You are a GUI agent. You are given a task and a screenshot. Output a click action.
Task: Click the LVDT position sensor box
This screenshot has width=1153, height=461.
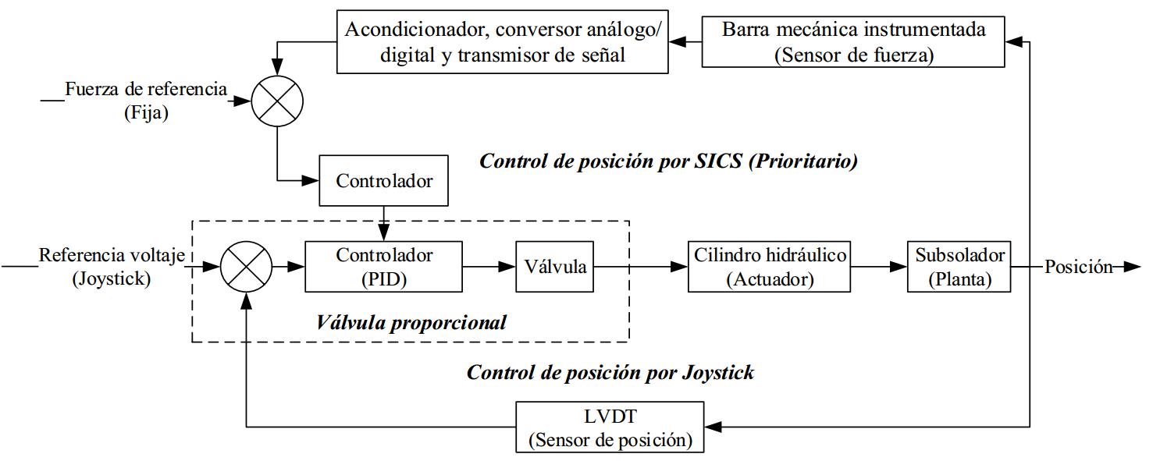coord(610,427)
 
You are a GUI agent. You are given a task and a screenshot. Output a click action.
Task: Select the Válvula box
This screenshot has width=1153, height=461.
coord(555,267)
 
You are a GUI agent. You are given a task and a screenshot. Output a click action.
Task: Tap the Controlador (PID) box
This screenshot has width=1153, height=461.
coord(383,267)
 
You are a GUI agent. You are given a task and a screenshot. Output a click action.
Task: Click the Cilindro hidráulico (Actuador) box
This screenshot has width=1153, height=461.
coord(769,267)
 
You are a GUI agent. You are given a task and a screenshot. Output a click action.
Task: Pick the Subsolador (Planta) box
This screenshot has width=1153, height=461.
coord(959,267)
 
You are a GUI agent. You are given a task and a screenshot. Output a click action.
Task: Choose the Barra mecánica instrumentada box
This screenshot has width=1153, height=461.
coord(852,42)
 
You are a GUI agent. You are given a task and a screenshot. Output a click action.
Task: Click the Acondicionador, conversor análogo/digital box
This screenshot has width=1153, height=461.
coord(502,42)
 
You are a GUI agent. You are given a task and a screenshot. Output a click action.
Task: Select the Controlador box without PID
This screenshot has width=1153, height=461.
coord(384,181)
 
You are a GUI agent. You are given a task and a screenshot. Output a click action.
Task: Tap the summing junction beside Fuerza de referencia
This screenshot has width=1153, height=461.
coord(276,101)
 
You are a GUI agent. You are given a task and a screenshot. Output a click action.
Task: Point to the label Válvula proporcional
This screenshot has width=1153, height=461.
coord(411,322)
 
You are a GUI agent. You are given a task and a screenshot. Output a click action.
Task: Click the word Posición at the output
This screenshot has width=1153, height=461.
coord(1078,267)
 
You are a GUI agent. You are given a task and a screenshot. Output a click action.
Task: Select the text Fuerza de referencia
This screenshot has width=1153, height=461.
coord(146,89)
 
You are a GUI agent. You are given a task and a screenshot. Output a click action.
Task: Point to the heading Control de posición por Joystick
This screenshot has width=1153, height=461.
coord(610,372)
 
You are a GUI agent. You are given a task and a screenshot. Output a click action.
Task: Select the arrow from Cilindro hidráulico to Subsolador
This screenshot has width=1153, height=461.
coord(879,267)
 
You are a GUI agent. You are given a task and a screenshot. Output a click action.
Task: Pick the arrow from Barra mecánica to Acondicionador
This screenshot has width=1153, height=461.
coord(685,42)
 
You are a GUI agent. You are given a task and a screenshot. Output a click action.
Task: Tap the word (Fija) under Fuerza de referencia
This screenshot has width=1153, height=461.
coord(146,113)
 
